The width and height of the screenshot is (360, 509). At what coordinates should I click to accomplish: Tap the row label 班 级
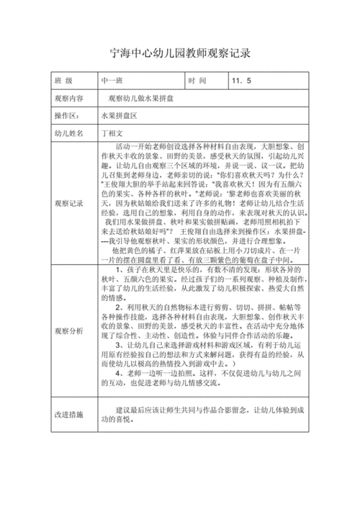pos(64,82)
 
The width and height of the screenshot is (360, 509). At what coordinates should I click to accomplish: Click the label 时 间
pos(197,82)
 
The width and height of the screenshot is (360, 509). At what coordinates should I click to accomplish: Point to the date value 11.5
pos(242,82)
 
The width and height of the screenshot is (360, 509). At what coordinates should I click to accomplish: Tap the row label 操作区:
pos(67,115)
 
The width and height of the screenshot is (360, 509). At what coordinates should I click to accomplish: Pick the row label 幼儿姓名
pos(69,133)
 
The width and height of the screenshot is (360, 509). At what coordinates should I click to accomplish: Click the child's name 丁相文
pos(113,133)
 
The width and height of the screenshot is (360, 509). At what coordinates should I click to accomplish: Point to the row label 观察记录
pos(69,203)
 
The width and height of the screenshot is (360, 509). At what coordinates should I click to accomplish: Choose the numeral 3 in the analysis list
pos(116,346)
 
